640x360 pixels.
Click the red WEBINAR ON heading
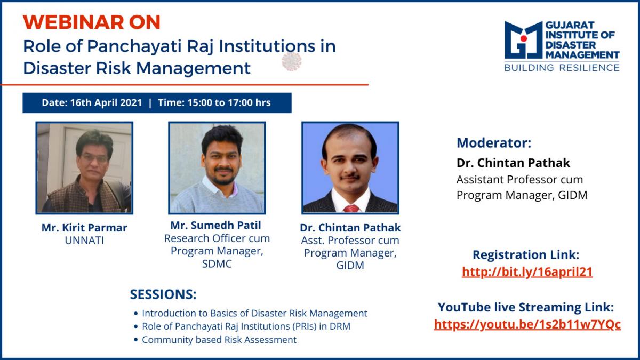pyautogui.click(x=91, y=22)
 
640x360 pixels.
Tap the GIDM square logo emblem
pyautogui.click(x=523, y=40)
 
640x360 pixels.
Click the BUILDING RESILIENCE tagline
pyautogui.click(x=562, y=68)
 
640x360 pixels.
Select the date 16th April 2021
pyautogui.click(x=106, y=102)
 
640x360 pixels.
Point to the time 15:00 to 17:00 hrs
pyautogui.click(x=229, y=102)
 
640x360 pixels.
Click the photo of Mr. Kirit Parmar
pyautogui.click(x=84, y=168)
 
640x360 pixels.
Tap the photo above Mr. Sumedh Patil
pyautogui.click(x=217, y=168)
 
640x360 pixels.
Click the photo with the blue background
pyautogui.click(x=350, y=168)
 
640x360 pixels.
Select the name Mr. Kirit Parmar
pyautogui.click(x=84, y=228)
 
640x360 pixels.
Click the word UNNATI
pyautogui.click(x=84, y=241)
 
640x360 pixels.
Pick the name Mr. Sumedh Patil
pyautogui.click(x=215, y=225)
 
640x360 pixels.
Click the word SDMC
pyautogui.click(x=217, y=263)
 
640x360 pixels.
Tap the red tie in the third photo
pyautogui.click(x=351, y=209)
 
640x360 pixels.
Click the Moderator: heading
pyautogui.click(x=494, y=143)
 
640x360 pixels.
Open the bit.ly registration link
pyautogui.click(x=527, y=271)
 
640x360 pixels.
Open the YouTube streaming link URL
pyautogui.click(x=527, y=325)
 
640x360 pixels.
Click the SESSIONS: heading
pyautogui.click(x=163, y=294)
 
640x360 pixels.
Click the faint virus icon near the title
pyautogui.click(x=291, y=61)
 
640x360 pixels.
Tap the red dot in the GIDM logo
pyautogui.click(x=524, y=38)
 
